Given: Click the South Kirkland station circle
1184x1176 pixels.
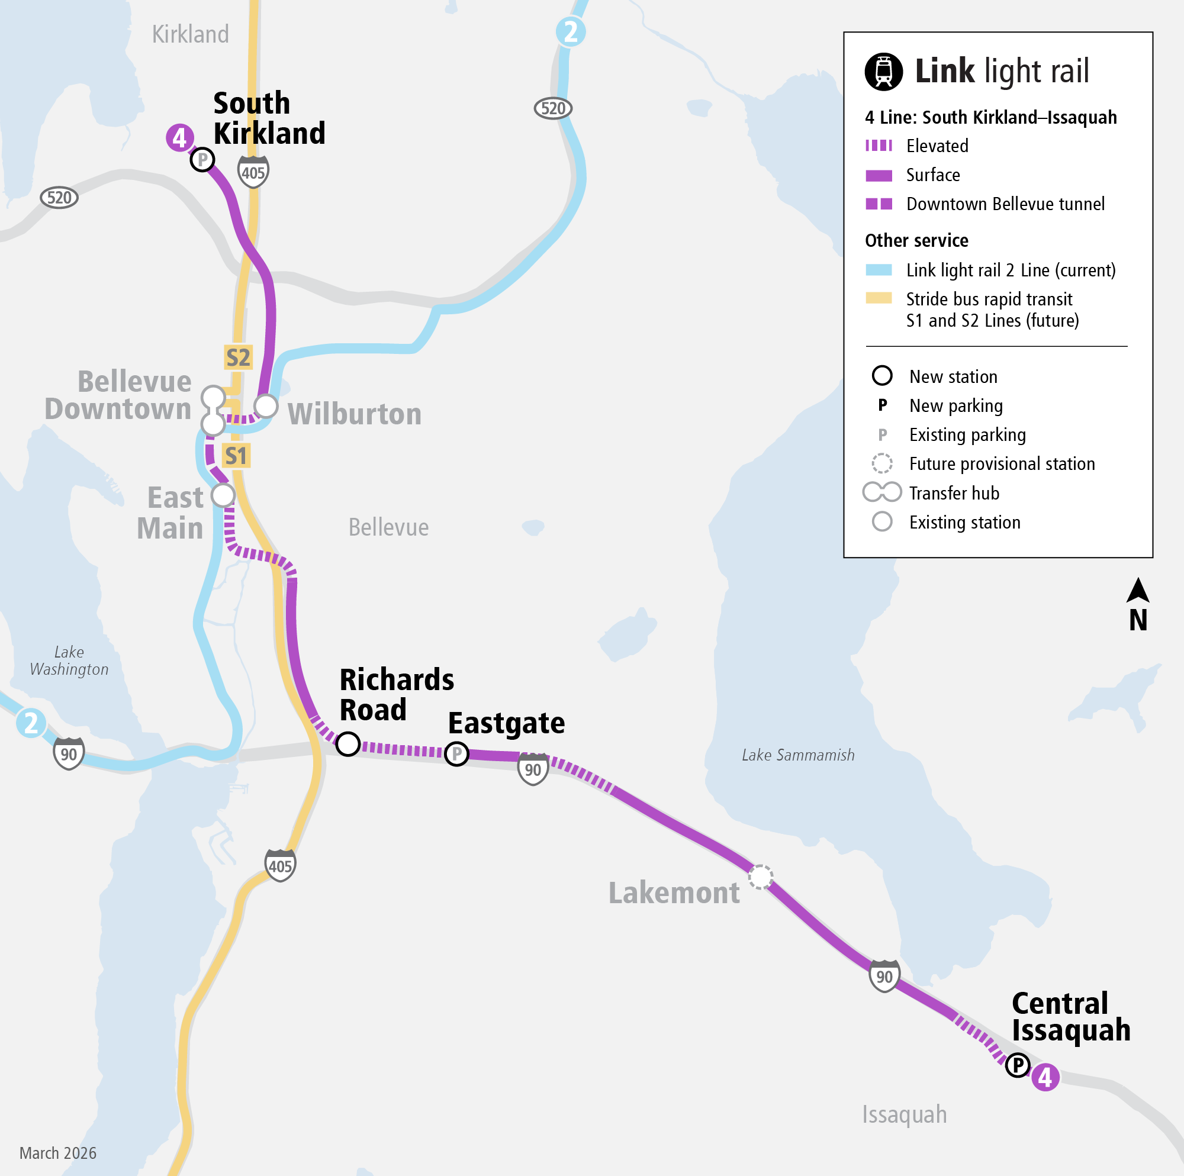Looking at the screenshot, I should (202, 160).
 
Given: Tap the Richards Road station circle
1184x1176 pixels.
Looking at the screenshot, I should (348, 744).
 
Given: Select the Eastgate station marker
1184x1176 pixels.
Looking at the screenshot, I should (456, 753).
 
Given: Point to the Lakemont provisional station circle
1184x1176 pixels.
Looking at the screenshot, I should (761, 877).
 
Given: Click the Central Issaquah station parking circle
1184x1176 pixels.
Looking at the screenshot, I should (1018, 1065).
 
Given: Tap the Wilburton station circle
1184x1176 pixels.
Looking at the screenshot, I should (266, 405).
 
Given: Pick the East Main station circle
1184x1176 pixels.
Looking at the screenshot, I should (223, 495).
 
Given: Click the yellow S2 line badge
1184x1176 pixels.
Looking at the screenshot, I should (238, 357).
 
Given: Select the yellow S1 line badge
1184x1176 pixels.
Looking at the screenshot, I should (236, 456).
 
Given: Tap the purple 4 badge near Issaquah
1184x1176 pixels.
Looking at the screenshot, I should (1045, 1077).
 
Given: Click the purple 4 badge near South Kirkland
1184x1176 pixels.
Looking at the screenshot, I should (179, 138).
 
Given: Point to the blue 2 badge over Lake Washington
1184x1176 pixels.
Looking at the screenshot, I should (31, 723).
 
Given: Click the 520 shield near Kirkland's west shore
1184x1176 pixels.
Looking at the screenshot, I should (59, 198).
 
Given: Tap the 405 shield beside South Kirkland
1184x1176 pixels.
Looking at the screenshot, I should (253, 172).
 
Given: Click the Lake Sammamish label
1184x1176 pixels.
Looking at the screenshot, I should (798, 755).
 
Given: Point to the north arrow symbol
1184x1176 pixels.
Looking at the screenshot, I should (1137, 591).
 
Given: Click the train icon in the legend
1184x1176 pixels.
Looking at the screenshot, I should (883, 72).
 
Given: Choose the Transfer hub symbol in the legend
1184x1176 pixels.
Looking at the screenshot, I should (882, 492).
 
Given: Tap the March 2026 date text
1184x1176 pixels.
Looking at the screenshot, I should (58, 1153).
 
